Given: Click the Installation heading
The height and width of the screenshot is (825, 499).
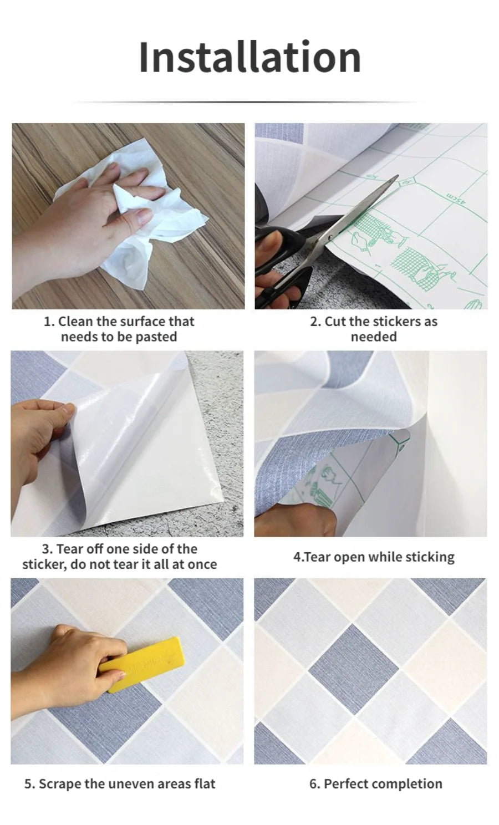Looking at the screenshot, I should tap(249, 57).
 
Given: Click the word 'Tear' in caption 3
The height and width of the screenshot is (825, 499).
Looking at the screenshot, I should tap(69, 549).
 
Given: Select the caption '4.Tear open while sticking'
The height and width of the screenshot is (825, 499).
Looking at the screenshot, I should tap(373, 557).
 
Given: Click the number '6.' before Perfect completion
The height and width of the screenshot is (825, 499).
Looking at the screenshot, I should tap(315, 784).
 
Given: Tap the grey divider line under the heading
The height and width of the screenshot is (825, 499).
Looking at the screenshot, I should tap(249, 102).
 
